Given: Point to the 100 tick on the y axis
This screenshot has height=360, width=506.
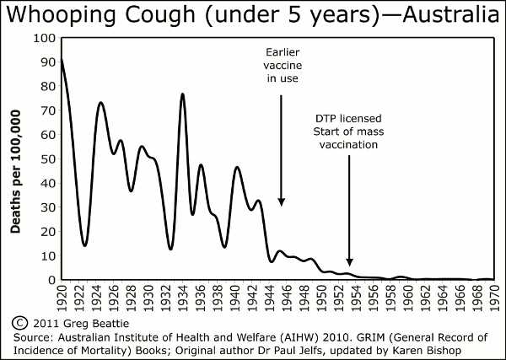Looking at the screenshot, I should click(x=43, y=39).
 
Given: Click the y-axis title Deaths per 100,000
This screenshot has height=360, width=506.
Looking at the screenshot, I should click(x=16, y=159).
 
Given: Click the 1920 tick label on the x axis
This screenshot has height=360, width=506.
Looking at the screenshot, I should click(x=62, y=298).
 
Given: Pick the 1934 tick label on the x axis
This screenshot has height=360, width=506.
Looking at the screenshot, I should click(x=182, y=298).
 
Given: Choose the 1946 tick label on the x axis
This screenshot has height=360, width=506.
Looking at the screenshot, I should click(x=286, y=298).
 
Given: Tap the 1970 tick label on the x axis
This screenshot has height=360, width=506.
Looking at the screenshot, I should click(x=493, y=298).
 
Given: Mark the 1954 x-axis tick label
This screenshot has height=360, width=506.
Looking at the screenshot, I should click(x=355, y=298).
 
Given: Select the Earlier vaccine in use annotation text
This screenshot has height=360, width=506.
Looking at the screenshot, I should click(x=281, y=65).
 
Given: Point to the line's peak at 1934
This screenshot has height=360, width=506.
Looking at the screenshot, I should click(x=182, y=94).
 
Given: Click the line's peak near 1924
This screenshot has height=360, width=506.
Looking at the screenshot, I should click(x=101, y=102).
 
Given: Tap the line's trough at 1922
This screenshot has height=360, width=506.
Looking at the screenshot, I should click(x=84, y=245).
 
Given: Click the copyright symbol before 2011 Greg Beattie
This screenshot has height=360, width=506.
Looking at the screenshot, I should click(x=19, y=323).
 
